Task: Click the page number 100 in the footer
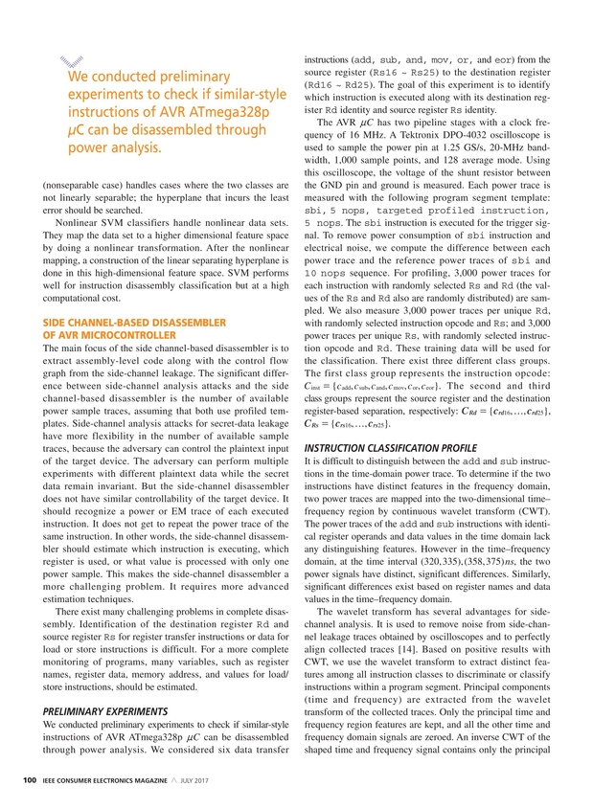pyautogui.click(x=31, y=784)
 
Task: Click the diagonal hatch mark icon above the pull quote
pyautogui.click(x=64, y=59)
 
